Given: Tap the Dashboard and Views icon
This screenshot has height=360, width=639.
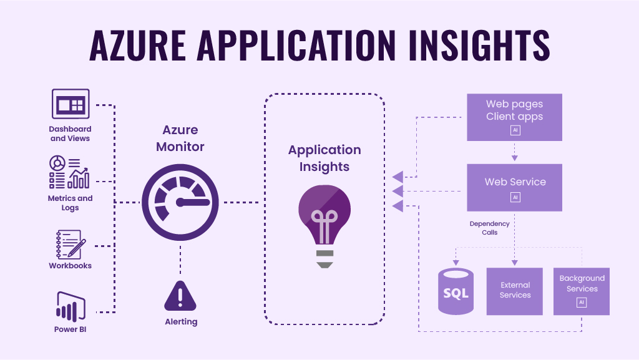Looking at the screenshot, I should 70,104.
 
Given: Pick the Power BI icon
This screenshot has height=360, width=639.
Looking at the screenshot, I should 70,306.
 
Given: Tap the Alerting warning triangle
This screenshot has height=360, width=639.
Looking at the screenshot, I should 180,296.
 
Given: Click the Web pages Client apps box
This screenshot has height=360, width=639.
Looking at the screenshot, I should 515,117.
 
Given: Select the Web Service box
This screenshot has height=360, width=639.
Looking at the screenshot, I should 515,187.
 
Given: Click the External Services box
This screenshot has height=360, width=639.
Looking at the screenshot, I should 515,291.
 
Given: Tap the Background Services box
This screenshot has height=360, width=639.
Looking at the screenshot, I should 582,291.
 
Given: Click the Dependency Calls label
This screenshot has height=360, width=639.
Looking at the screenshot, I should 490,228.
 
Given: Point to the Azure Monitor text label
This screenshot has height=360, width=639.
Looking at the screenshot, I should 180,139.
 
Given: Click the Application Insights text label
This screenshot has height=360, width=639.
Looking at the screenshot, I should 324,158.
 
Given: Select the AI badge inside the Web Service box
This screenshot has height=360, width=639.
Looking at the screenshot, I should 515,197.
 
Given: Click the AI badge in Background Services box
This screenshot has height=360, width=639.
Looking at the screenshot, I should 582,302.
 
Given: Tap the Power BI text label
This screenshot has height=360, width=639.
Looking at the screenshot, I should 70,329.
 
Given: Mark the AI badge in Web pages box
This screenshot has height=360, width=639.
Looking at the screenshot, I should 515,130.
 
